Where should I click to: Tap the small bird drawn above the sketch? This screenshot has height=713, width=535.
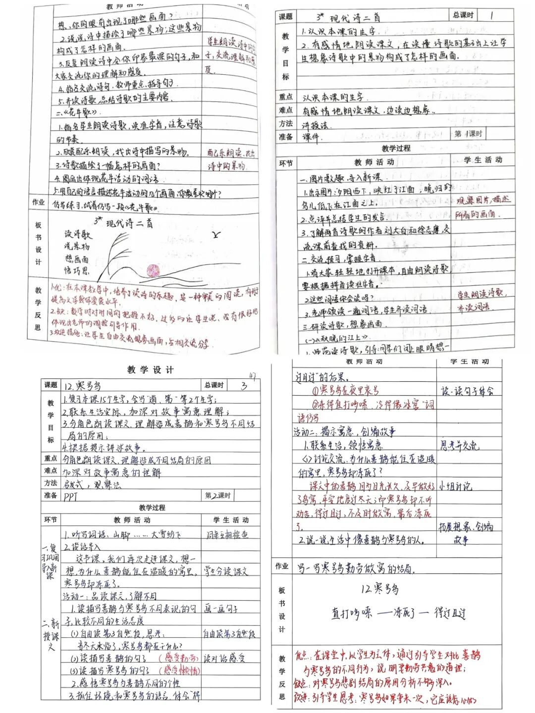[x=216, y=235]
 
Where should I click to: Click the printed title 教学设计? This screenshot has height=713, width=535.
[x=150, y=369]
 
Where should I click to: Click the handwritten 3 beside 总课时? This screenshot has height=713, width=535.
[x=243, y=385]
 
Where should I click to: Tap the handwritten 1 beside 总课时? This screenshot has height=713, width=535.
[x=491, y=15]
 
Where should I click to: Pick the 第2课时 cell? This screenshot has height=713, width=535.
[x=218, y=495]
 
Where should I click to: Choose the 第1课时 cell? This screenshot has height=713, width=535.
[x=468, y=134]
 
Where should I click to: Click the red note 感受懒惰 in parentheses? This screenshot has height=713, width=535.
[x=179, y=670]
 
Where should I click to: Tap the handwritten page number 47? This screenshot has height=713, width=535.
[x=252, y=376]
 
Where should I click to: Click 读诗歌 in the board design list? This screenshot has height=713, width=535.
[x=78, y=234]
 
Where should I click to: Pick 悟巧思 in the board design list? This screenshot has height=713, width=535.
[x=77, y=271]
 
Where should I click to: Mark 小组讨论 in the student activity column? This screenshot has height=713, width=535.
[x=455, y=486]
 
